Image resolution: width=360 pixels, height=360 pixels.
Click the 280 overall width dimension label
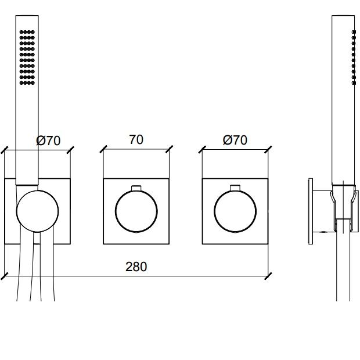pyautogui.click(x=136, y=267)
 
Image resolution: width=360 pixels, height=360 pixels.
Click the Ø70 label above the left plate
pyautogui.click(x=48, y=141)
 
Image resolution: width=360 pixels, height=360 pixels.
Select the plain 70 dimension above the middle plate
pyautogui.click(x=136, y=139)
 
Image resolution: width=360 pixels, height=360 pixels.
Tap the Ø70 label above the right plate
pyautogui.click(x=235, y=140)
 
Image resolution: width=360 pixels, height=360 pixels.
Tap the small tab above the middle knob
pyautogui.click(x=136, y=188)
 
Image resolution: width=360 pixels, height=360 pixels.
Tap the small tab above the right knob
pyautogui.click(x=235, y=188)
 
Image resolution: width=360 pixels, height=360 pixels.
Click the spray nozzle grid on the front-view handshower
pyautogui.click(x=27, y=57)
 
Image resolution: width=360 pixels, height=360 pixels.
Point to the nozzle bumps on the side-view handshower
pyautogui.click(x=354, y=57)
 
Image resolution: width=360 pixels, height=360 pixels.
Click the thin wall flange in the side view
pyautogui.click(x=311, y=211)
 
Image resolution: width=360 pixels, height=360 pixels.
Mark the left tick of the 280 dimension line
pyautogui.click(x=5, y=276)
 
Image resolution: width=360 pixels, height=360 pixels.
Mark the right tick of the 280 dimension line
pyautogui.click(x=268, y=276)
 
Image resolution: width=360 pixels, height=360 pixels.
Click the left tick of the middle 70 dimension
pyautogui.click(x=103, y=149)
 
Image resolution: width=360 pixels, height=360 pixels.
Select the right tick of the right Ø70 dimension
pyautogui.click(x=268, y=149)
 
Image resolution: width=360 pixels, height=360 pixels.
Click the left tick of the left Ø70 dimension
pyautogui.click(x=5, y=150)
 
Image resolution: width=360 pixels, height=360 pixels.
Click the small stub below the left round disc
pyautogui.click(x=37, y=238)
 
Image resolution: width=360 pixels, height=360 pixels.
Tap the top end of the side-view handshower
pyautogui.click(x=343, y=16)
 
